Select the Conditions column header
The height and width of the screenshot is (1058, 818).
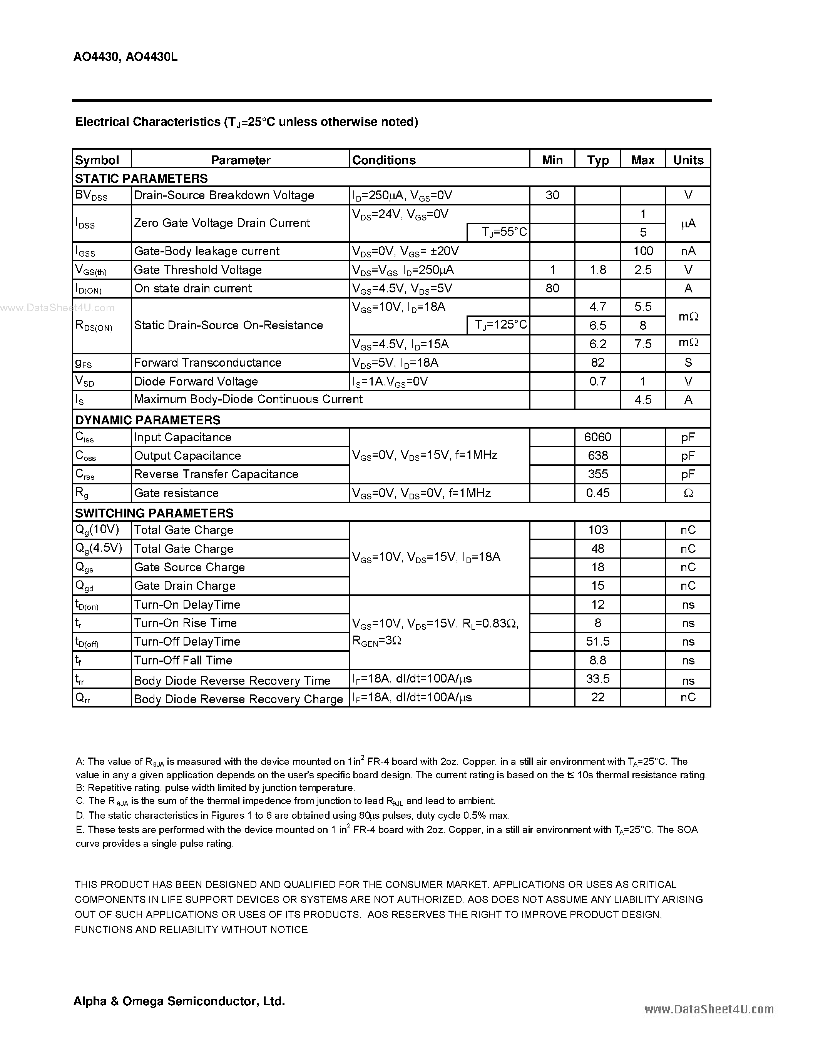point(384,160)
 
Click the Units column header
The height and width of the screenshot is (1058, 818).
point(688,160)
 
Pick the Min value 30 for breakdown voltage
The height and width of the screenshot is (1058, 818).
point(552,195)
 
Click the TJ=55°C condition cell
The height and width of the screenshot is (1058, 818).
point(498,232)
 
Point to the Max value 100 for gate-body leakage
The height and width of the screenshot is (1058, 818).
point(643,251)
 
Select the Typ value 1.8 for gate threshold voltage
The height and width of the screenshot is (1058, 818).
point(598,270)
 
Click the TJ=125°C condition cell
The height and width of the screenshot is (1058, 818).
point(498,325)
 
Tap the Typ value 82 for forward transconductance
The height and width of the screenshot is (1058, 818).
point(598,363)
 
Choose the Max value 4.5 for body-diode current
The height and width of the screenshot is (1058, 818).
point(643,400)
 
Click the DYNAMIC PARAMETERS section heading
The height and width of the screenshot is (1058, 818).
point(147,420)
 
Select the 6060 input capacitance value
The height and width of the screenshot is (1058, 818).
point(598,437)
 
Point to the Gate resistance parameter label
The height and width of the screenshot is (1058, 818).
point(176,493)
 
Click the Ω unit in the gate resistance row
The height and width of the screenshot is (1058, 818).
point(688,493)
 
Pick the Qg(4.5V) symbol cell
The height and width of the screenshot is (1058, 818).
point(99,548)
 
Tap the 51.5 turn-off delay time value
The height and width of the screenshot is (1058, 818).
point(598,642)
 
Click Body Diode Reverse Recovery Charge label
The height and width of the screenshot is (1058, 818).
point(238,699)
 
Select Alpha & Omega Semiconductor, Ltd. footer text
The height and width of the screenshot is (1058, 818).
point(179,1001)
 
